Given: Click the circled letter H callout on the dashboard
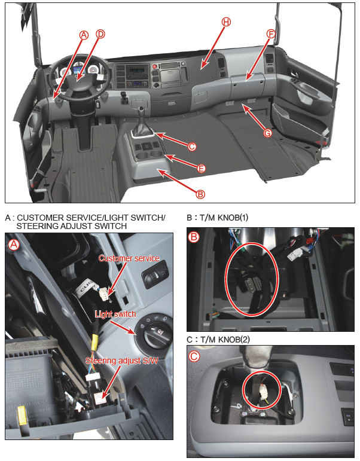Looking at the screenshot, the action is pos(226,22).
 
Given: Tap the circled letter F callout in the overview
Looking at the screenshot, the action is pos(271,34).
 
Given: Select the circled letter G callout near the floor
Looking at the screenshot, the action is pos(267,133).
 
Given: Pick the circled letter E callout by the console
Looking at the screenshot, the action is pos(201,169).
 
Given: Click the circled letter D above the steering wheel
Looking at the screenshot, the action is pos(100,34).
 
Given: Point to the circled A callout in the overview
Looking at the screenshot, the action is pos(84,35).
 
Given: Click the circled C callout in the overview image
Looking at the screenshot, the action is pos(192,146).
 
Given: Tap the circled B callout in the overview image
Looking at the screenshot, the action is pos(200,194).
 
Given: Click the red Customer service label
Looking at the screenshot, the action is pos(129,258).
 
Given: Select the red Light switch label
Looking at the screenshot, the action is pos(115,314).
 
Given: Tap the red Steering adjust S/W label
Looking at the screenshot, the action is pos(121,361).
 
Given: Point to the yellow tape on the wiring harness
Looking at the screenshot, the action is pos(94,342).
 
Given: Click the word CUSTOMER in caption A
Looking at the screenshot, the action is pos(41,218).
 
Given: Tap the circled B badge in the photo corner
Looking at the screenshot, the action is pos(194,237).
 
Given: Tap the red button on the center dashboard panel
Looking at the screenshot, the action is pos(154,67).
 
